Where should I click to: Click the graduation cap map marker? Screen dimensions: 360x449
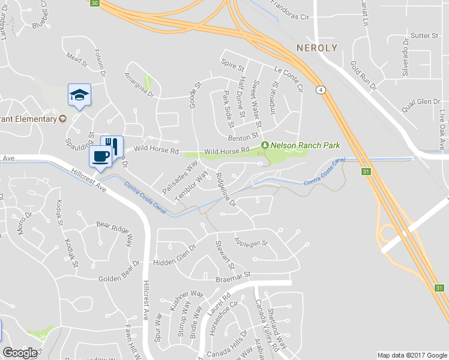coord(79,95)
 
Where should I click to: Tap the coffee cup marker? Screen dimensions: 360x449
coord(100,157)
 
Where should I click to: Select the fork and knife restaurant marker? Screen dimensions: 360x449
coord(112,145)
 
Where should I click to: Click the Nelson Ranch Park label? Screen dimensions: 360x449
coord(306,145)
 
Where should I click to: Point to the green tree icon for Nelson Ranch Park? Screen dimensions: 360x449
coord(265,145)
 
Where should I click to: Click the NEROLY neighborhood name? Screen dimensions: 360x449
coord(317,47)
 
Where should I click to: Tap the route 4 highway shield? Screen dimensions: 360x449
coord(322,90)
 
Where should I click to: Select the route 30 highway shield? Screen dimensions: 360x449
coord(94,3)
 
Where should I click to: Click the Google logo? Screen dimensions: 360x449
coord(20,353)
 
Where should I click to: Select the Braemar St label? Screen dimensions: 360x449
coord(232,277)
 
